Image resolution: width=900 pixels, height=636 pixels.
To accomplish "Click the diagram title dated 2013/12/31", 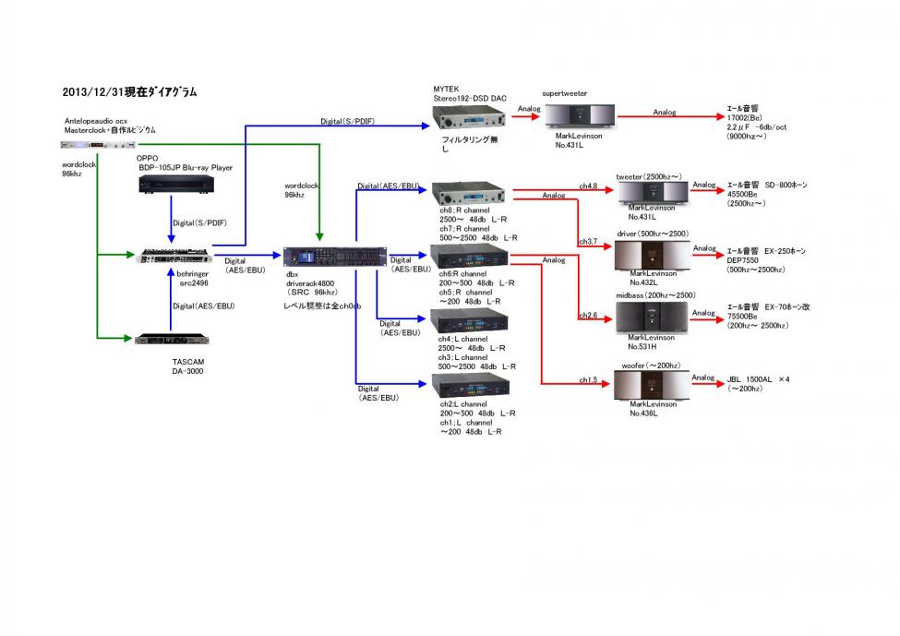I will coord(129,92).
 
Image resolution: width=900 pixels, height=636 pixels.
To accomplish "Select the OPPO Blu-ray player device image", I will coord(176,185).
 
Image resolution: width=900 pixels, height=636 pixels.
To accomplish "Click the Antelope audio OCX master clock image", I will coord(97,144).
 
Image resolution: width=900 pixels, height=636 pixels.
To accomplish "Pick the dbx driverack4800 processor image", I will coord(321,257).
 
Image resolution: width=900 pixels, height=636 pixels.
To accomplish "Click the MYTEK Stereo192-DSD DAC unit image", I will coord(470,117).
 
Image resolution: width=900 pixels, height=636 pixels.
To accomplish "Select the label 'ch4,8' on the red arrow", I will coord(588,186).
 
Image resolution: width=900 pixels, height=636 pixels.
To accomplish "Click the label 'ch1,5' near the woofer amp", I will coord(588,379).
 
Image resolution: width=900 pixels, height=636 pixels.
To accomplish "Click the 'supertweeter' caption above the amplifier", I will coord(564,93).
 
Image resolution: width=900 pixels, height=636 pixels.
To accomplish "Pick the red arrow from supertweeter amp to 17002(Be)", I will coord(666,117).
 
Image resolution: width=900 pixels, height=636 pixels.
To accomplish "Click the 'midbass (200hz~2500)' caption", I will coord(654,295).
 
